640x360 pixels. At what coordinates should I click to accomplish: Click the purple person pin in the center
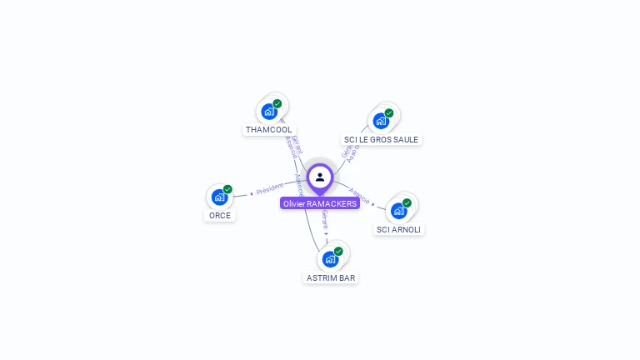click(x=320, y=177)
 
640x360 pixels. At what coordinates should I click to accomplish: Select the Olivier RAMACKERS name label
click(x=320, y=203)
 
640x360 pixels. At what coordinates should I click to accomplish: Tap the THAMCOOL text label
click(x=268, y=130)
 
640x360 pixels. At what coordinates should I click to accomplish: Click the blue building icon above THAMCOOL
click(x=268, y=112)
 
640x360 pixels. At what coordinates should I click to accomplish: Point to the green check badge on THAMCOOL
click(x=277, y=104)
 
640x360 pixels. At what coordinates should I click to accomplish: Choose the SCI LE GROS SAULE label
click(x=381, y=139)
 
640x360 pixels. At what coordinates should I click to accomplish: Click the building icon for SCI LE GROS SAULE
click(x=381, y=121)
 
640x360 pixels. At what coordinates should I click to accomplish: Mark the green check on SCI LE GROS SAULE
click(x=389, y=113)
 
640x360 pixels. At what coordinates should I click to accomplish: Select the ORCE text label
click(x=220, y=215)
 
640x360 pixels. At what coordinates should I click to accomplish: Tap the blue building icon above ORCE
click(x=219, y=197)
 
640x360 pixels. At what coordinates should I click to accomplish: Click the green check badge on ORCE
click(x=227, y=189)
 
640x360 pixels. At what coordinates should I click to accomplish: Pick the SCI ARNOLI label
click(x=399, y=229)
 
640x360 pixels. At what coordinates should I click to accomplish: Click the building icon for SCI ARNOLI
click(x=398, y=211)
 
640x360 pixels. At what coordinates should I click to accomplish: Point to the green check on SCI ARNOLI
click(x=407, y=202)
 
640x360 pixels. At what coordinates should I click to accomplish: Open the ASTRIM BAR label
click(x=331, y=277)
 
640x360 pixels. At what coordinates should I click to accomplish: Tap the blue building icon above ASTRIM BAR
click(x=330, y=259)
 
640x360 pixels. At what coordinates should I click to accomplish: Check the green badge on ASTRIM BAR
click(x=338, y=251)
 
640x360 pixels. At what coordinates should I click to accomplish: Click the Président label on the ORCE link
click(x=270, y=191)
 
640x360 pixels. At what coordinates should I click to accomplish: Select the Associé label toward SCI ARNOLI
click(x=360, y=194)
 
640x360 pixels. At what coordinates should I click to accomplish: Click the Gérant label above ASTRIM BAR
click(x=324, y=220)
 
